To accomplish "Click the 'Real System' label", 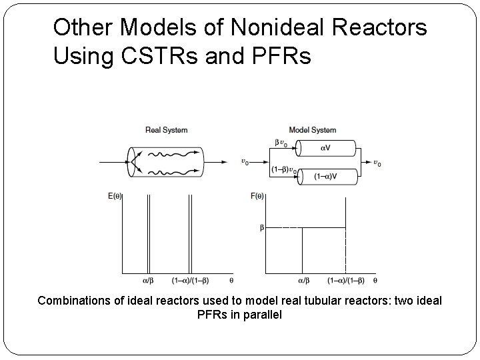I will [x=167, y=130].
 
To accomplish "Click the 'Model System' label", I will [x=312, y=130].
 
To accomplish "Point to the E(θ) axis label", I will [x=115, y=196].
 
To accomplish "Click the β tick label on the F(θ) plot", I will [x=261, y=227].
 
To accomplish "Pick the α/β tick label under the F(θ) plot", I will [x=303, y=281].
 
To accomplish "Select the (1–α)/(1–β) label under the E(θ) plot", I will [x=190, y=281].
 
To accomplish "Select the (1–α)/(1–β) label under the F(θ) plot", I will [x=345, y=281].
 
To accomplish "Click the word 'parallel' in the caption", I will [x=261, y=314].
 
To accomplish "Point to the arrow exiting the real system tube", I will [x=217, y=161].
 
